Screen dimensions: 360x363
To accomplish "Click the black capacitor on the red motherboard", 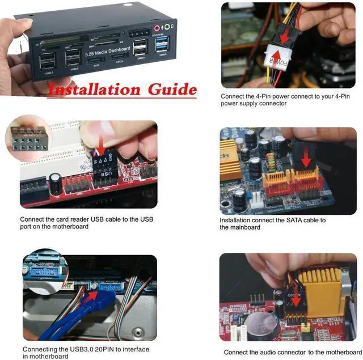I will (55, 181).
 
